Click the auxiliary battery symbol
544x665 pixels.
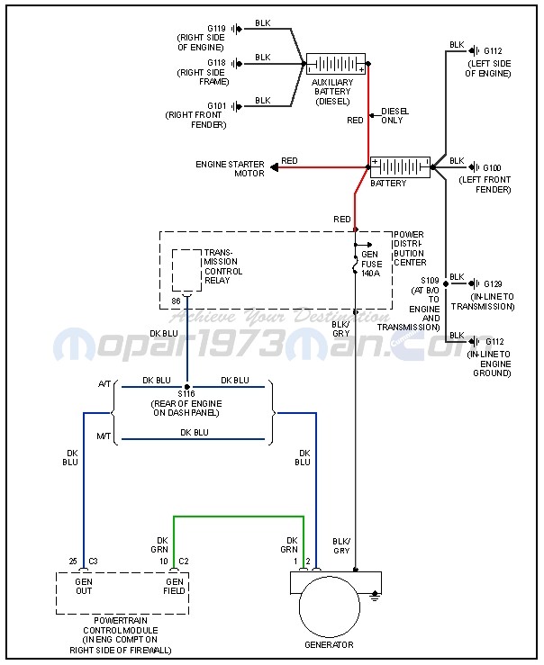click(336, 64)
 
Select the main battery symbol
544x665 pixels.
click(400, 167)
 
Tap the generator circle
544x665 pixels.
click(330, 607)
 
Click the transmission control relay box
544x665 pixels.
click(186, 271)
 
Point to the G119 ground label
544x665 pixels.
click(216, 29)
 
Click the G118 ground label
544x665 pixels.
click(216, 63)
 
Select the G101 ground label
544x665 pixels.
click(216, 105)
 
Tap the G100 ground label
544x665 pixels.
click(493, 167)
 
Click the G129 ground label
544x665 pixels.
click(493, 283)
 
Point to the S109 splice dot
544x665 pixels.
click(446, 283)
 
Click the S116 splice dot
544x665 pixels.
click(186, 387)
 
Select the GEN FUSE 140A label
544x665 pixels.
click(371, 264)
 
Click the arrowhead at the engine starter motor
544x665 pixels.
click(275, 168)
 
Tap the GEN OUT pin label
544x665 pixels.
click(84, 586)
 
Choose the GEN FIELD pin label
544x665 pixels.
click(175, 586)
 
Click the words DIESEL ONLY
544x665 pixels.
click(394, 115)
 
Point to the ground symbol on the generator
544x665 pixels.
click(375, 597)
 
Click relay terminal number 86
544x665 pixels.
click(177, 301)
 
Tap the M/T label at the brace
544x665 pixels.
click(104, 436)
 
